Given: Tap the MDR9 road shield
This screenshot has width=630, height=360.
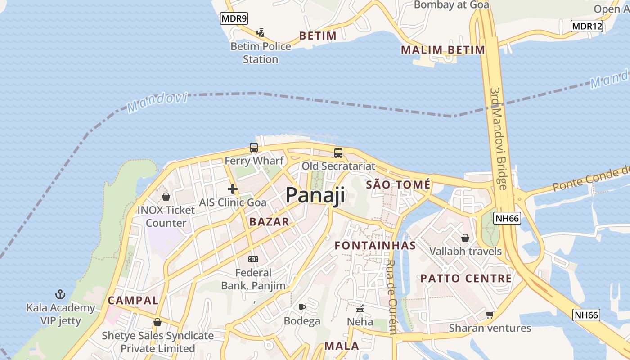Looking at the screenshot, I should (x=234, y=18).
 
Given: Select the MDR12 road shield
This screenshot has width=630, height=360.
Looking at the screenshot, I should (x=587, y=26).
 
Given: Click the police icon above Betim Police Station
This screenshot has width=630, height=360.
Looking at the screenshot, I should (x=260, y=32).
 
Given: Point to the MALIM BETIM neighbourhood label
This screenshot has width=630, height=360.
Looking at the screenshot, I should (x=443, y=50).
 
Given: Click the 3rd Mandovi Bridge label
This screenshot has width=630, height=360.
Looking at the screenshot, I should (x=498, y=139).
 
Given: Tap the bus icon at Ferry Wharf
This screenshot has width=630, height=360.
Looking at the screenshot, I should (x=254, y=148).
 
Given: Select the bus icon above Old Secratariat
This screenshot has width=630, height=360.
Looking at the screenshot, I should (x=338, y=153).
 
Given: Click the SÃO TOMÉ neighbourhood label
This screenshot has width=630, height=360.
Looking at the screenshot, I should (x=398, y=184).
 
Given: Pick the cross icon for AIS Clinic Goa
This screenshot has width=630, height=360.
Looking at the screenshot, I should (x=233, y=189).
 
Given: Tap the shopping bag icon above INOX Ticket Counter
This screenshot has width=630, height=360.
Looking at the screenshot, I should (x=166, y=197).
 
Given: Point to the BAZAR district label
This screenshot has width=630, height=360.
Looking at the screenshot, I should (x=269, y=221).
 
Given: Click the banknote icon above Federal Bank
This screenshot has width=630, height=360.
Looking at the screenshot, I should (x=253, y=259).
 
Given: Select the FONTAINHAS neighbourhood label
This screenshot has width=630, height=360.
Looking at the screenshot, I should (x=375, y=246).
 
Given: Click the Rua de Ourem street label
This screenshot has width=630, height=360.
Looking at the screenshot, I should (x=391, y=297).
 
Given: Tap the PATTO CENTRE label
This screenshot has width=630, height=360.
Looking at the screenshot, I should (x=466, y=279).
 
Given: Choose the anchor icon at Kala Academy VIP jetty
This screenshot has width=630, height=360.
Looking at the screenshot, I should (x=60, y=295).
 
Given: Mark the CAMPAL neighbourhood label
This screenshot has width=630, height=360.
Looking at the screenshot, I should (x=133, y=301).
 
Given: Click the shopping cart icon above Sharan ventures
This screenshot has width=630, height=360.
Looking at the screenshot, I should (x=490, y=315).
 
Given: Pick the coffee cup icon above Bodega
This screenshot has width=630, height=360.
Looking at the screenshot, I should (x=302, y=308).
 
